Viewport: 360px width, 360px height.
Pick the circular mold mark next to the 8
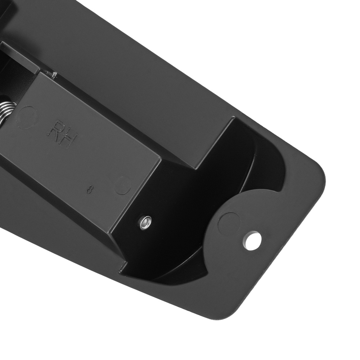(123, 185)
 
